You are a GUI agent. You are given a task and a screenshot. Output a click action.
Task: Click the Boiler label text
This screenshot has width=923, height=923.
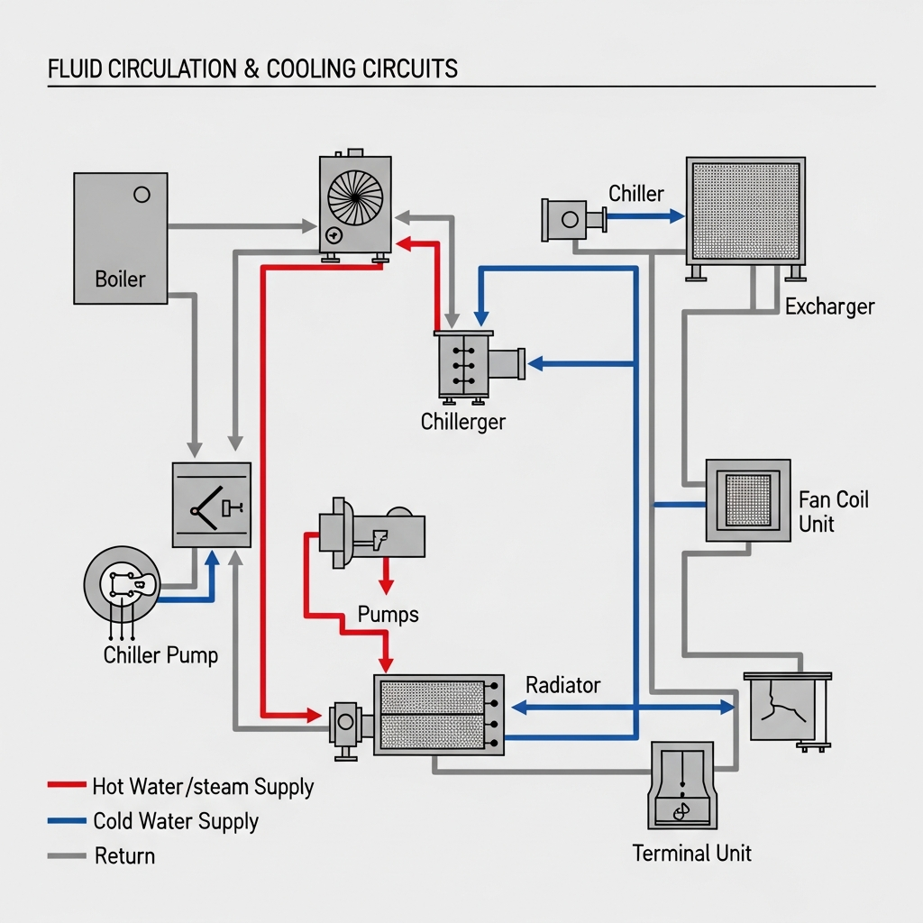(x=120, y=279)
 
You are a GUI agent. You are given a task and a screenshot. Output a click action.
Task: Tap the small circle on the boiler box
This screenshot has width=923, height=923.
(x=141, y=194)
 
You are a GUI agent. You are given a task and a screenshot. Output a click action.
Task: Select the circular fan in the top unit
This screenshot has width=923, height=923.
(x=355, y=197)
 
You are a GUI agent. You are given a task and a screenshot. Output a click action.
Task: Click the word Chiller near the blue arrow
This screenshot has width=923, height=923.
(x=635, y=194)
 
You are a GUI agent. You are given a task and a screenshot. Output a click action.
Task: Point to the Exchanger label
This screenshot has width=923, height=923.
(x=829, y=306)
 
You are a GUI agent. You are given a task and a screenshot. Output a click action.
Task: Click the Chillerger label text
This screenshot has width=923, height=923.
(x=463, y=422)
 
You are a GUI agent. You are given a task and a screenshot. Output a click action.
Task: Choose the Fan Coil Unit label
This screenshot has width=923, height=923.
(x=834, y=511)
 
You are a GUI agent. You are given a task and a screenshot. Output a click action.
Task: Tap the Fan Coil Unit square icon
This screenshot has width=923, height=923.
(x=747, y=500)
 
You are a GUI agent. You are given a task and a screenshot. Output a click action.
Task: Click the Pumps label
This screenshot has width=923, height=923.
(x=388, y=615)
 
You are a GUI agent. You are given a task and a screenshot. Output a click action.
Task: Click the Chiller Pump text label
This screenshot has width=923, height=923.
(x=160, y=654)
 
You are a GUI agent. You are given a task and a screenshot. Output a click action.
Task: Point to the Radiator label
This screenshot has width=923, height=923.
(x=562, y=685)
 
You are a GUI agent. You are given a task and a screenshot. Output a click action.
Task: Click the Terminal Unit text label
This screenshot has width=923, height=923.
(x=691, y=853)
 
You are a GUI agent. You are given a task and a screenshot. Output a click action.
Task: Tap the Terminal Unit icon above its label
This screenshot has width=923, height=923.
(x=681, y=784)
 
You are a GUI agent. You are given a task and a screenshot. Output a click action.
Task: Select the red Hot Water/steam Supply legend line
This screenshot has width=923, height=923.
(x=66, y=786)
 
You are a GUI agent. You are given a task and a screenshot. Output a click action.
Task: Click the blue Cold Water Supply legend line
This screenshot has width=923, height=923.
(x=66, y=821)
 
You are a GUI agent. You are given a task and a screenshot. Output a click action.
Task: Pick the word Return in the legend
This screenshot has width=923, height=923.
(x=124, y=855)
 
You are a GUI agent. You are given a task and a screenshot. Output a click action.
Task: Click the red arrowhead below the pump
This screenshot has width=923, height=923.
(x=386, y=588)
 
